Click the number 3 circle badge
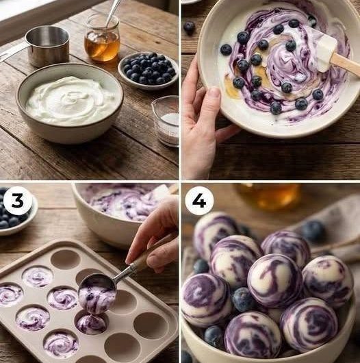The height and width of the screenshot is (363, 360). [17, 201]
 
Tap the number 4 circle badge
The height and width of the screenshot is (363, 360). [199, 201]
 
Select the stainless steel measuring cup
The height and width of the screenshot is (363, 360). [47, 47]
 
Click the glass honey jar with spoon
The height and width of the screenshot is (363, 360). [102, 38]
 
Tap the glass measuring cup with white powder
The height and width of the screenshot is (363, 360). [166, 121]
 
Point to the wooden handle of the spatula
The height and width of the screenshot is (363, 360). [346, 64]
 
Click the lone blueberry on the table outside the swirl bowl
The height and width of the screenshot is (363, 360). [189, 27]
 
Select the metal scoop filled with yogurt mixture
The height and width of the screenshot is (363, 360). [97, 293]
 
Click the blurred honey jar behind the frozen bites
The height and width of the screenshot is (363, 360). [268, 196]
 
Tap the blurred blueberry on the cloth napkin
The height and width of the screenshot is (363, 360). [313, 231]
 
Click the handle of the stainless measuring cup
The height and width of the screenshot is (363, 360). [12, 53]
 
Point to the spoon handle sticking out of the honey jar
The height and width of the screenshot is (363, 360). [113, 11]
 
